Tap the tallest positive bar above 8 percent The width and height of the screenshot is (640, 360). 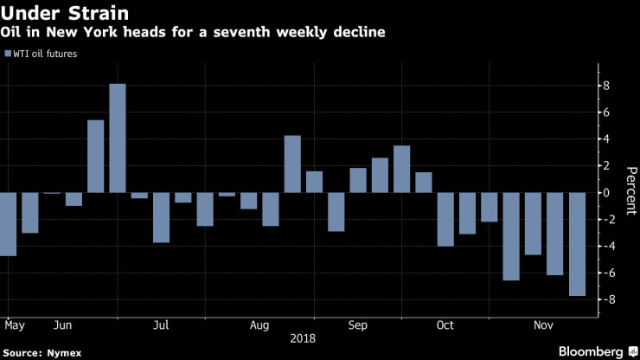(118, 138)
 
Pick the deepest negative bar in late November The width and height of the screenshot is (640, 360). (577, 244)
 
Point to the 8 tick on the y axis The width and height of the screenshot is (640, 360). (607, 86)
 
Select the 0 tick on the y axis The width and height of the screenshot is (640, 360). (607, 192)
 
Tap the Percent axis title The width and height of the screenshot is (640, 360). (630, 192)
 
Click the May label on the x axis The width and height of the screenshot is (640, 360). (15, 325)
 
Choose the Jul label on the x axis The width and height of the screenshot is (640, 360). (161, 325)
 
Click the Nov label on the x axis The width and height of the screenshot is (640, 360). (543, 325)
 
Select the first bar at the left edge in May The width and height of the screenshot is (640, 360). (9, 224)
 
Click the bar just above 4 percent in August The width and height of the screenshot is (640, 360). (292, 164)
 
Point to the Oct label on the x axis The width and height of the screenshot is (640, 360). (445, 325)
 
